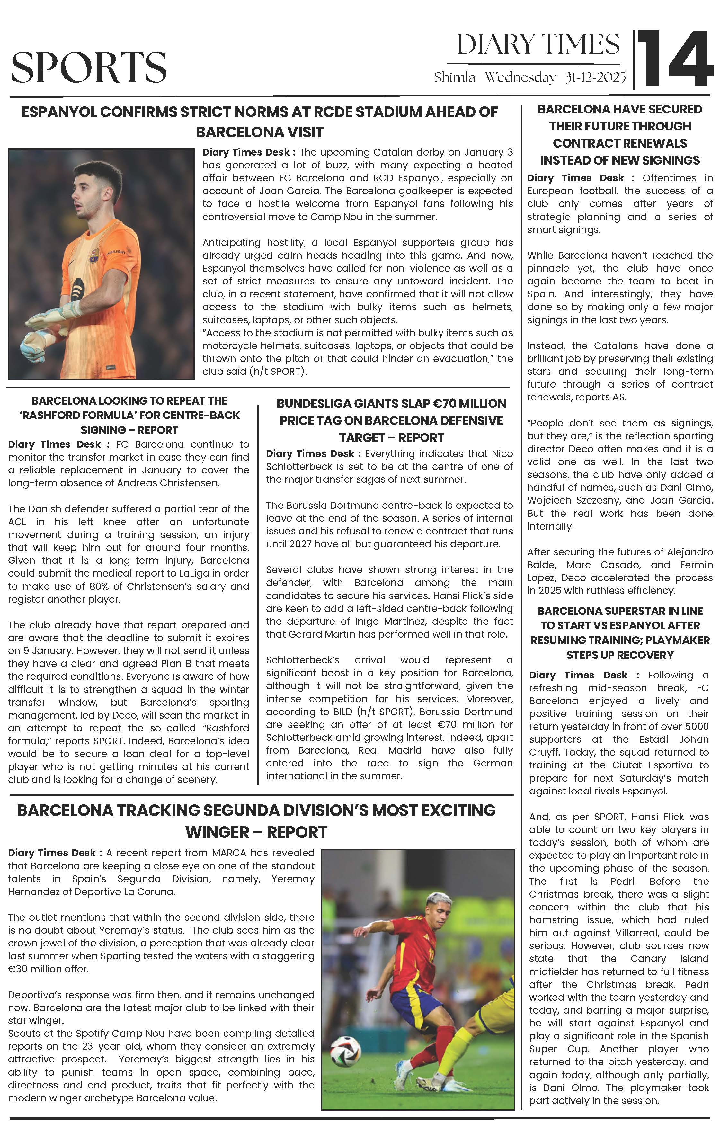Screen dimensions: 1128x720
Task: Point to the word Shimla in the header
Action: click(454, 77)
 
